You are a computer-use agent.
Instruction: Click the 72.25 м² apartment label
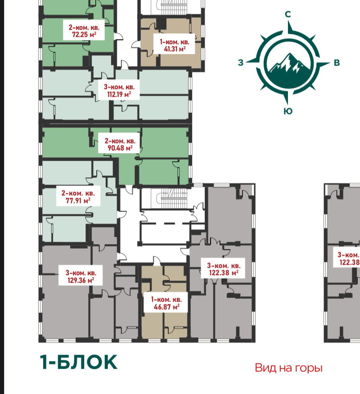[84, 31]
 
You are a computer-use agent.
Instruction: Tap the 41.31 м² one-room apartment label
[175, 45]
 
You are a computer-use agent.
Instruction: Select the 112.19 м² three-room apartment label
[119, 91]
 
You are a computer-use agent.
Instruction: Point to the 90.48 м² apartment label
[120, 144]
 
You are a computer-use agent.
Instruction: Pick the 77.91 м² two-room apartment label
[78, 197]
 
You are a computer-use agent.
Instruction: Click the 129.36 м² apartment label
[81, 276]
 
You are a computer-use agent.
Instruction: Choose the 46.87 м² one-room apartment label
[166, 303]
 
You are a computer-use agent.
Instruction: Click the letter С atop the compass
[288, 14]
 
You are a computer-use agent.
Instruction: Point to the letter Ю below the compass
[288, 111]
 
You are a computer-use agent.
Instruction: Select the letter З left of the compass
[241, 63]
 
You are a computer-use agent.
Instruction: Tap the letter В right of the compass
[337, 63]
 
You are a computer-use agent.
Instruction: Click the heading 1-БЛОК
[79, 362]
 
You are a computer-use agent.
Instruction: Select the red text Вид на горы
[289, 368]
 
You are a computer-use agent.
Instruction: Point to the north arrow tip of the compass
[288, 21]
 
